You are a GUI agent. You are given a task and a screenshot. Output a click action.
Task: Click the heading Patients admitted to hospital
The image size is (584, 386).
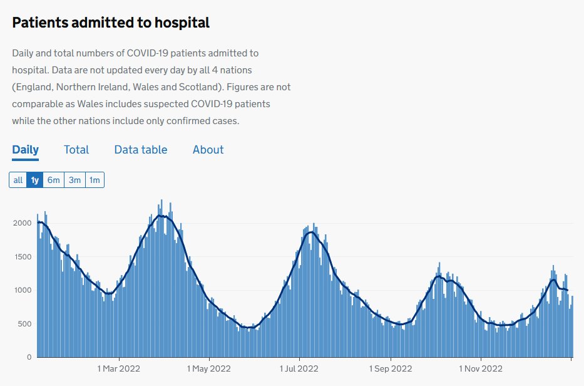111,23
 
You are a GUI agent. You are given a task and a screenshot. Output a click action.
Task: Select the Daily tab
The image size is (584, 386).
25,150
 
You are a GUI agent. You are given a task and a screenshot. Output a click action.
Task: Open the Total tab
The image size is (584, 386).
76,150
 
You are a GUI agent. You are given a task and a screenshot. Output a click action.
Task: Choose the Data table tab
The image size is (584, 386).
141,150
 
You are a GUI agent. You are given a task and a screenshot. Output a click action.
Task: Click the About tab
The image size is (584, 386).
208,150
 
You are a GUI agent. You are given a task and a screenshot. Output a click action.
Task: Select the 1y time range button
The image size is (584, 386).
35,180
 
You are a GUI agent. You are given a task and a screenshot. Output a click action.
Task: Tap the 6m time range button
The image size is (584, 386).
54,180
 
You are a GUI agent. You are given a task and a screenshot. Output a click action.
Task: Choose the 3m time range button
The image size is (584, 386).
74,180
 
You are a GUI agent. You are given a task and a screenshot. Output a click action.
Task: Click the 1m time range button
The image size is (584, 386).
95,180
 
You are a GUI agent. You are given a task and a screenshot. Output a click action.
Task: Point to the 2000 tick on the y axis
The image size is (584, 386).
21,223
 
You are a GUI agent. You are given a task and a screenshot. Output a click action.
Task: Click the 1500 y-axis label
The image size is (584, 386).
21,257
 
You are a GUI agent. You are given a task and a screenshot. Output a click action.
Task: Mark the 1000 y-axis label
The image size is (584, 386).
21,290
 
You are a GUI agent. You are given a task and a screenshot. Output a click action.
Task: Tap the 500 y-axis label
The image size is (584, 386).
24,324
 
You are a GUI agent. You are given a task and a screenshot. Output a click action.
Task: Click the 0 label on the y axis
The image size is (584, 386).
29,357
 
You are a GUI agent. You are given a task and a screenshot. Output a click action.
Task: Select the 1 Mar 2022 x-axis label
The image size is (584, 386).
118,369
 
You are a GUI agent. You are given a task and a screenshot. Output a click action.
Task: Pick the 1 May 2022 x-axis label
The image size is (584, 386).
209,369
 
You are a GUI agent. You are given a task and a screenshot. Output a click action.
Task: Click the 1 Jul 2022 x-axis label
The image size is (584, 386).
299,369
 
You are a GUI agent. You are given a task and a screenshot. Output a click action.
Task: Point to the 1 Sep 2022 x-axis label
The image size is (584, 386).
390,369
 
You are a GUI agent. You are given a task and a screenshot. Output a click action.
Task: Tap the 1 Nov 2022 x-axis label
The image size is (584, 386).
481,369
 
